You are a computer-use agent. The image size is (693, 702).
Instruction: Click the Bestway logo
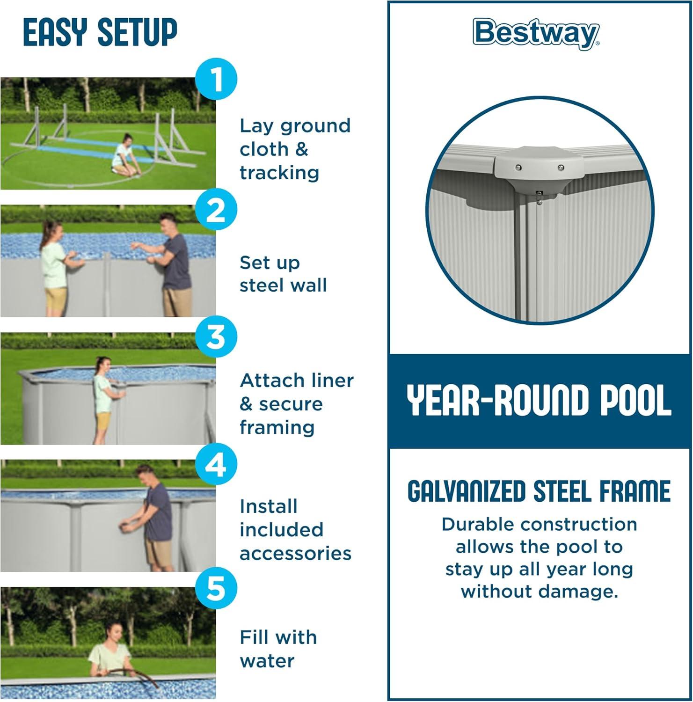pyautogui.click(x=536, y=33)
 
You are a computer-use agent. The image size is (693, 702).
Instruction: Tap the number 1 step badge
pyautogui.click(x=216, y=79)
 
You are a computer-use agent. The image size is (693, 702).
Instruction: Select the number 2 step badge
pyautogui.click(x=216, y=210)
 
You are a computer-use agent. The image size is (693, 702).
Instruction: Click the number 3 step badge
pyautogui.click(x=216, y=336)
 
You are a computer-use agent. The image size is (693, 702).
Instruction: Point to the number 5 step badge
pyautogui.click(x=216, y=588)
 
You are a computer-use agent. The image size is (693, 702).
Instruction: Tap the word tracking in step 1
pyautogui.click(x=279, y=173)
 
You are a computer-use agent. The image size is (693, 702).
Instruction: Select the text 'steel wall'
pyautogui.click(x=283, y=285)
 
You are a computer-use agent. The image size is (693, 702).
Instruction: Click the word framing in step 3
pyautogui.click(x=277, y=427)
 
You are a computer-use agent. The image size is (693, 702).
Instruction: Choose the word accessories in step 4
pyautogui.click(x=295, y=553)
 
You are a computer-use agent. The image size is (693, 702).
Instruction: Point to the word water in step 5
pyautogui.click(x=267, y=661)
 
